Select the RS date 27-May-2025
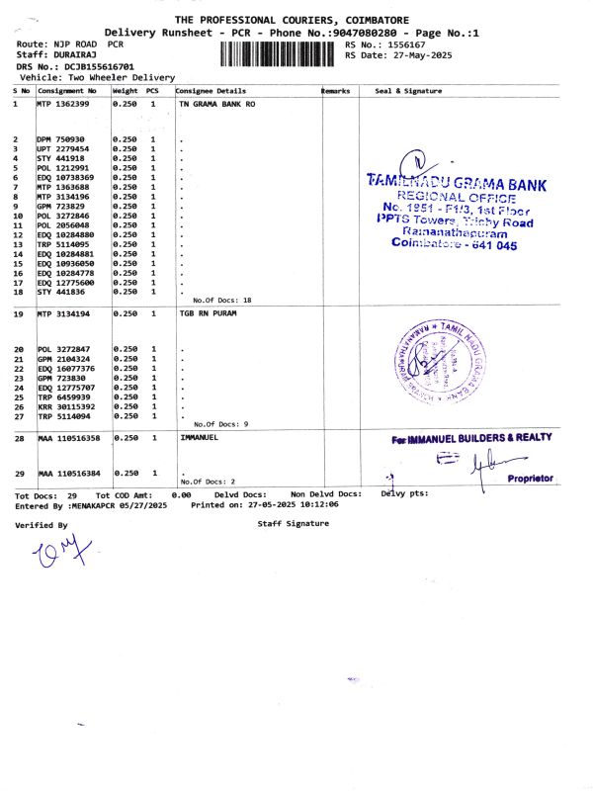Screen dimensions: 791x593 416,56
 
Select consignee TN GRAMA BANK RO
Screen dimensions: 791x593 217,103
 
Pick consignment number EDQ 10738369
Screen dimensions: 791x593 67,177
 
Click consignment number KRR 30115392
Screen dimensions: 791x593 67,406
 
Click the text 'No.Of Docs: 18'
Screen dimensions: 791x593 222,300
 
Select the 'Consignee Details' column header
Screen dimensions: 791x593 211,90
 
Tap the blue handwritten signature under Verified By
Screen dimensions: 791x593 54,559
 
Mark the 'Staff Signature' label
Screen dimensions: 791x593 293,523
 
